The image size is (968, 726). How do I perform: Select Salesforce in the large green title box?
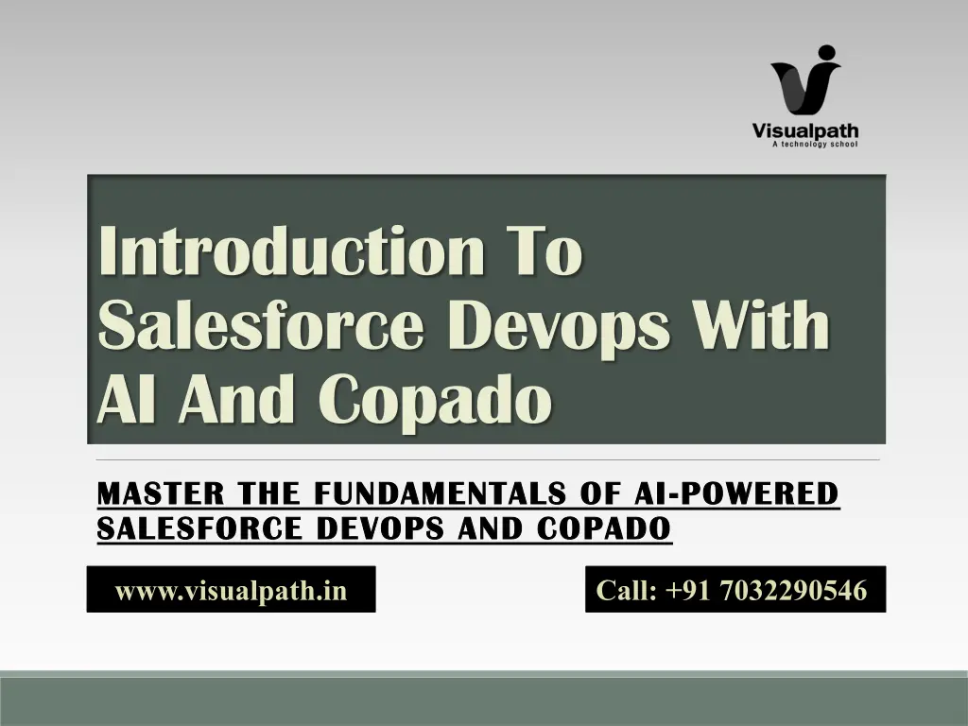click(261, 325)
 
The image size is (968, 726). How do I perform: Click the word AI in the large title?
click(126, 399)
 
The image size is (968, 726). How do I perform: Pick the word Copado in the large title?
click(436, 400)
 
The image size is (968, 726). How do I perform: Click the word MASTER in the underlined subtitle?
click(161, 493)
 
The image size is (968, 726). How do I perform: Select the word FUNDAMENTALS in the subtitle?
click(441, 493)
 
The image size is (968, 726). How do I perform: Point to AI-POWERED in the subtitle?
click(736, 493)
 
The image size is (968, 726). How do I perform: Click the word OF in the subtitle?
click(600, 493)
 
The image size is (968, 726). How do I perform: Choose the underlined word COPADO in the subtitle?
click(604, 527)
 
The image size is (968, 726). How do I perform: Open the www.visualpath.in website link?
click(231, 590)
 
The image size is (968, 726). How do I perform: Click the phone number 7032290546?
click(793, 590)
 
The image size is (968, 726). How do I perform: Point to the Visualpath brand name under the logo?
click(805, 130)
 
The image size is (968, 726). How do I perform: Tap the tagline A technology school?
click(815, 145)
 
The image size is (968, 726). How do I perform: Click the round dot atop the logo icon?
click(826, 53)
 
